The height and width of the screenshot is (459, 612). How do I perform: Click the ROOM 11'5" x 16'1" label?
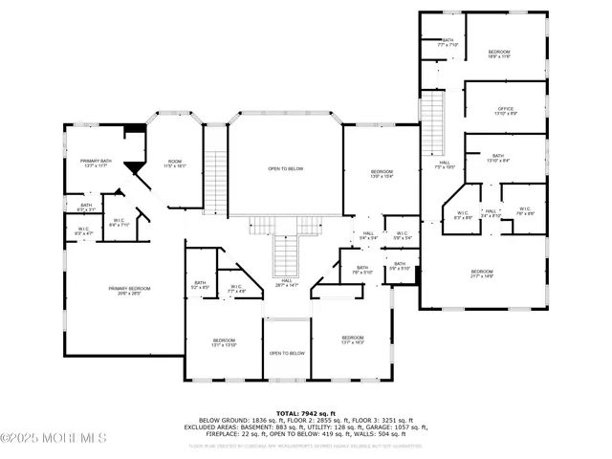pyautogui.click(x=175, y=164)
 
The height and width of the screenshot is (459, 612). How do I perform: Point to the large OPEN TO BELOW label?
pyautogui.click(x=285, y=169)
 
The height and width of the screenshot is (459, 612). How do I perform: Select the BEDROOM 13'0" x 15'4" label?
pyautogui.click(x=382, y=174)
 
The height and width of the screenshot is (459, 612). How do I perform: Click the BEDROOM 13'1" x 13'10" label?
pyautogui.click(x=224, y=342)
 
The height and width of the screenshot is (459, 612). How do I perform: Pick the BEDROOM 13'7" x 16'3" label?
pyautogui.click(x=353, y=339)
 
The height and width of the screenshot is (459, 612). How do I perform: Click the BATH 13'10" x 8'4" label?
pyautogui.click(x=498, y=158)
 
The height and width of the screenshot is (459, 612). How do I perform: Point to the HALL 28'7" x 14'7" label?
pyautogui.click(x=287, y=284)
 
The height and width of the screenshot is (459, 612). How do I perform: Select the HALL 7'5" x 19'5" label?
pyautogui.click(x=445, y=164)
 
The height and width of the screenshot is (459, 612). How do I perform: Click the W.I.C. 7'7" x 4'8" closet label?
pyautogui.click(x=238, y=288)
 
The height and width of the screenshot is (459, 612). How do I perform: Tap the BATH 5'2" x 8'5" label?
pyautogui.click(x=200, y=284)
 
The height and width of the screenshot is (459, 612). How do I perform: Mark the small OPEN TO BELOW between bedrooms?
pyautogui.click(x=287, y=353)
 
